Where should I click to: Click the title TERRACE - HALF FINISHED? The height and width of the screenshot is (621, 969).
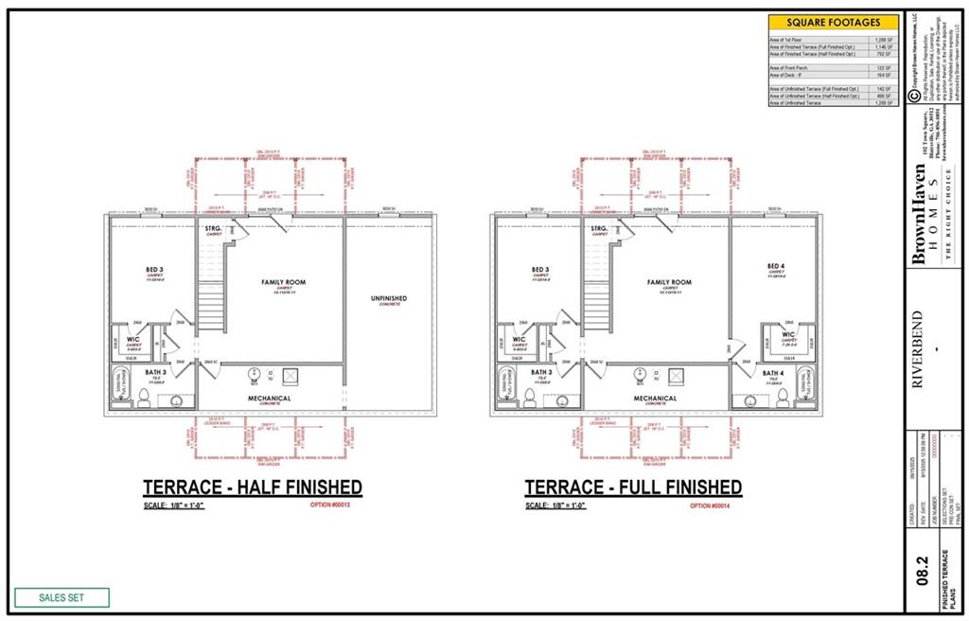click(x=252, y=488)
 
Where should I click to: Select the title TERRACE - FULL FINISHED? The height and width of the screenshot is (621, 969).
click(x=633, y=488)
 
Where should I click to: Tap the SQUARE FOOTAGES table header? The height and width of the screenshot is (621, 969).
click(x=833, y=22)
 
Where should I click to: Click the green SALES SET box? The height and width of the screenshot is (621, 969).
click(x=62, y=597)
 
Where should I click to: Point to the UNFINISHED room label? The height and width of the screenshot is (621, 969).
click(x=388, y=300)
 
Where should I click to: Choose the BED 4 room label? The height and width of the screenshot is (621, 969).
click(x=776, y=267)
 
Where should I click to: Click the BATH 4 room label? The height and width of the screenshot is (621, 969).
click(x=772, y=374)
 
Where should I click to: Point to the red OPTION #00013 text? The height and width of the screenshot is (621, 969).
click(x=330, y=506)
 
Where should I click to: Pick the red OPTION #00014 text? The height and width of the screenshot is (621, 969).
click(x=713, y=506)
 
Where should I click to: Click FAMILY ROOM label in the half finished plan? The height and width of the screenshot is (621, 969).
click(x=284, y=283)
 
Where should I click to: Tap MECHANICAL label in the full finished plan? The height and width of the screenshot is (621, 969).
click(x=655, y=399)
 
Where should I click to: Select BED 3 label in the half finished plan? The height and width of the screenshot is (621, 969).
click(x=156, y=269)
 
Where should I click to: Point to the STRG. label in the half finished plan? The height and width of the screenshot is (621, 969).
click(x=213, y=229)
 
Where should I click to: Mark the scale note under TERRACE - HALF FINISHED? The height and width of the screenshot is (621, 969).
click(x=176, y=506)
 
